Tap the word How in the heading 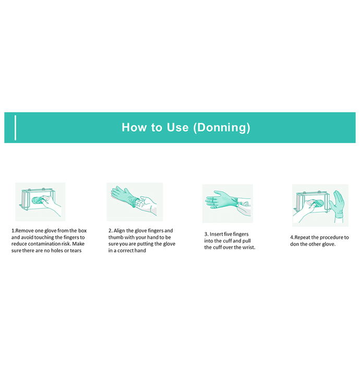[134, 127]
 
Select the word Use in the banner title [177, 127]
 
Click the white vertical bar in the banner [15, 128]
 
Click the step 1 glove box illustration [40, 202]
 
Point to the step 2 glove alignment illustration [135, 202]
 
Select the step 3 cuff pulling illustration [227, 203]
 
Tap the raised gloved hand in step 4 [337, 204]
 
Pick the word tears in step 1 [76, 251]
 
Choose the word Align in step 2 [119, 230]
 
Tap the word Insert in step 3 [216, 234]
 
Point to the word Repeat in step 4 [302, 237]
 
